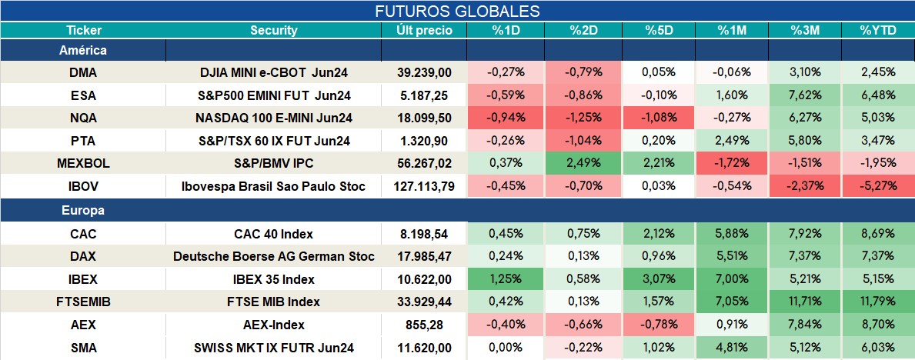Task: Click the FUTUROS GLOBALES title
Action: point(457,12)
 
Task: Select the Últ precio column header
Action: point(424,31)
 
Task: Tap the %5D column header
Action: point(659,31)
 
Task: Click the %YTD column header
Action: point(877,31)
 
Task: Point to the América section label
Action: point(83,50)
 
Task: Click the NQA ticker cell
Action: point(83,117)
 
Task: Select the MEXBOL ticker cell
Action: point(83,164)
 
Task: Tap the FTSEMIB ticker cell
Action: point(83,302)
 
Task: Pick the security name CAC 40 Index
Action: point(274,234)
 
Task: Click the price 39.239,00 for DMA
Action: point(424,72)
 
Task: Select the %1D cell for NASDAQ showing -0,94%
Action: point(506,118)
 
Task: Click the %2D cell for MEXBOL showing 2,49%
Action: point(583,164)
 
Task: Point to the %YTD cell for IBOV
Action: point(877,187)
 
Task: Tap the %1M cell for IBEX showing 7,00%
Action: point(732,279)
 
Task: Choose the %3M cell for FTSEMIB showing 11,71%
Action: point(805,302)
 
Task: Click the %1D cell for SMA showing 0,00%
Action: point(506,348)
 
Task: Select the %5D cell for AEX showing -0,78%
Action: point(659,325)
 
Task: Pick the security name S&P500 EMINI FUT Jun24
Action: point(274,95)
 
